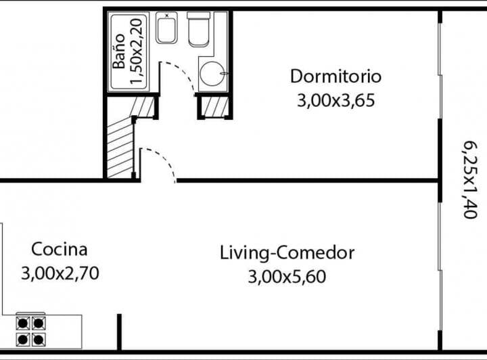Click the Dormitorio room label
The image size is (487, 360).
335,76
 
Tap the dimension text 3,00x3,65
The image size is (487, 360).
335,101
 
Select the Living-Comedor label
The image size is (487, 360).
287,253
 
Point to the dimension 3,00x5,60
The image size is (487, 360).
287,277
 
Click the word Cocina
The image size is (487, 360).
60,250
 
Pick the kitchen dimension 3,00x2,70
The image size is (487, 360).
60,273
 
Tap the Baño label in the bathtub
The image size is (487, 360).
119,51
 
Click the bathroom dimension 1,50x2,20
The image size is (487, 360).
137,51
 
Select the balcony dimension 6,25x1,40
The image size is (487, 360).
470,180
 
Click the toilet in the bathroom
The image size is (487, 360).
198,29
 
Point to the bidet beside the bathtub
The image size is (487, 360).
167,28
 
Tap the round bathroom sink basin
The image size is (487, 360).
212,74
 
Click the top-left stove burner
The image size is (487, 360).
23,323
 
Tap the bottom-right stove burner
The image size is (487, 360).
39,340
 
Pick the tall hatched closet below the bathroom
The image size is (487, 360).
120,148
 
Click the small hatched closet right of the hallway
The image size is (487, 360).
215,106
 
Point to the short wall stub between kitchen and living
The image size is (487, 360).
119,332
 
